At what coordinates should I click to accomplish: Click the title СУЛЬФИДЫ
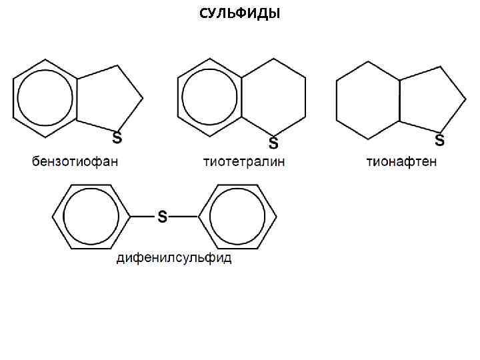(240, 14)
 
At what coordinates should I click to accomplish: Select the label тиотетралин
(244, 162)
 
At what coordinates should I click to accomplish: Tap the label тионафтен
(401, 162)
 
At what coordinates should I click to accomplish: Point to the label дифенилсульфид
(174, 258)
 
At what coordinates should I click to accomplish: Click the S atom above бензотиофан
(117, 139)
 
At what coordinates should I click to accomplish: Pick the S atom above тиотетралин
(273, 143)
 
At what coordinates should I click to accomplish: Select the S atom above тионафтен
(439, 139)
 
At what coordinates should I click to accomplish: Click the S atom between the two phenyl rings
(162, 217)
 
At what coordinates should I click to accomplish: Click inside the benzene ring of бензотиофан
(45, 99)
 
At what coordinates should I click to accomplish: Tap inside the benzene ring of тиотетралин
(209, 99)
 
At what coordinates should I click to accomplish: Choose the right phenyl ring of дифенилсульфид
(237, 217)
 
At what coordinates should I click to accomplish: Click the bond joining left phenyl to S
(141, 217)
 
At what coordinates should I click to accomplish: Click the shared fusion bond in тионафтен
(399, 101)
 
